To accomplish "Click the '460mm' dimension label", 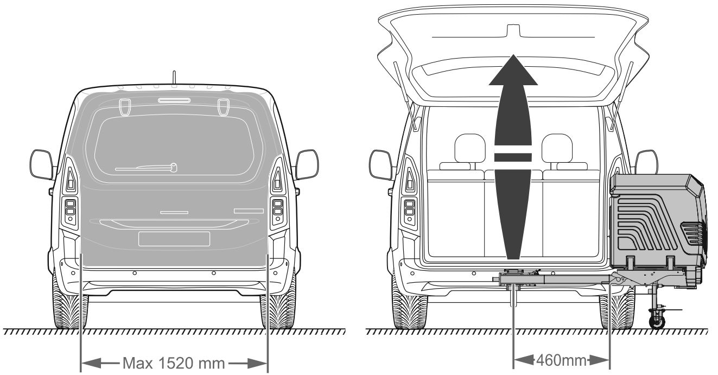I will point(562,359).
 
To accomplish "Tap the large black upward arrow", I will point(513,157).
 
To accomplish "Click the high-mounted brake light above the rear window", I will point(174,100).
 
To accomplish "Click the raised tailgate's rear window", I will point(513,54).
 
